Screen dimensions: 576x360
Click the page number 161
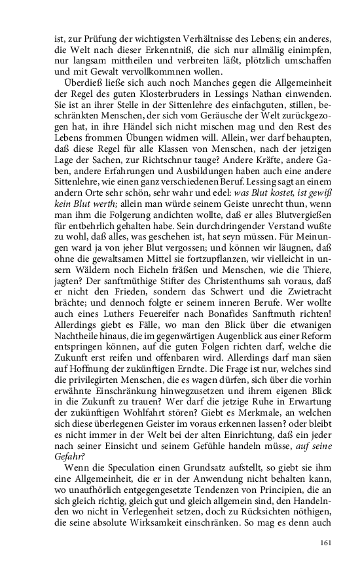[327, 543]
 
